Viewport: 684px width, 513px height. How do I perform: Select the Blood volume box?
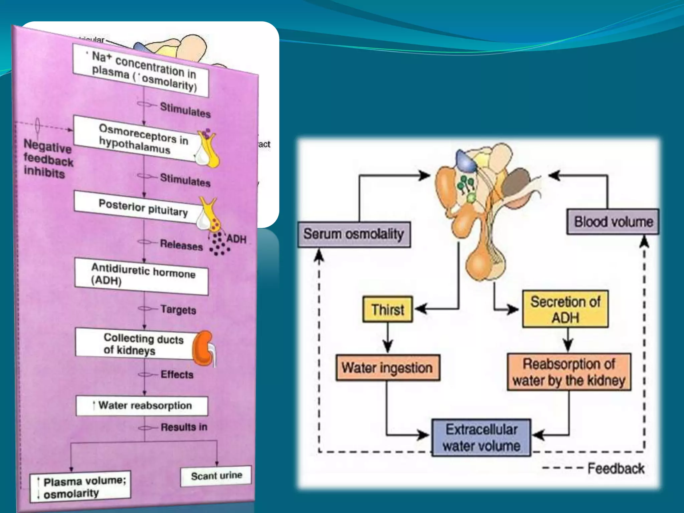[x=613, y=222]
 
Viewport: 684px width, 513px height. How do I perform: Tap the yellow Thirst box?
[x=387, y=309]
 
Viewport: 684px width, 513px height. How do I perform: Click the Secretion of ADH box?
[x=565, y=309]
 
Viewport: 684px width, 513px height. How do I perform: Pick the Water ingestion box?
[x=387, y=368]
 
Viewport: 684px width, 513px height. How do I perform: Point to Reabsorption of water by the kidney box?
[x=569, y=372]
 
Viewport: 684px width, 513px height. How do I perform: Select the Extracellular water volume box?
[x=481, y=438]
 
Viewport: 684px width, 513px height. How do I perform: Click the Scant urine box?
[x=216, y=476]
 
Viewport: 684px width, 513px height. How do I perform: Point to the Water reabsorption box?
[x=142, y=405]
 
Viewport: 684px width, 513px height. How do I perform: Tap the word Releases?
[x=181, y=245]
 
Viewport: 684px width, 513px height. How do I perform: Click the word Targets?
[x=178, y=310]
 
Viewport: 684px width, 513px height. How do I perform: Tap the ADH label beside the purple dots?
[x=236, y=239]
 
